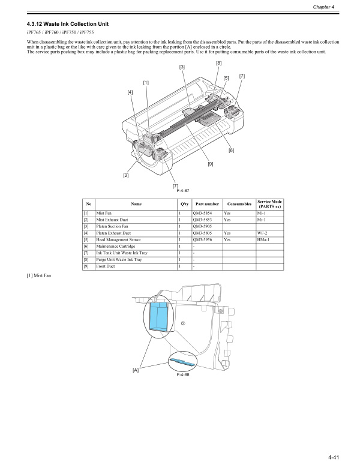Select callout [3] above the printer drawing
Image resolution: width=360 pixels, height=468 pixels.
click(x=181, y=67)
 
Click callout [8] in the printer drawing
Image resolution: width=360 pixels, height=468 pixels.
click(x=218, y=63)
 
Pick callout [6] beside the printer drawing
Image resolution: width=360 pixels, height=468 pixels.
click(x=231, y=150)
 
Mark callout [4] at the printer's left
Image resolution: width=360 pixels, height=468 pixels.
click(x=130, y=92)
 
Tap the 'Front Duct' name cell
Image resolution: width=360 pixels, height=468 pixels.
click(x=105, y=266)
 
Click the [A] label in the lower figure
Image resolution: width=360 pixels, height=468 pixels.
click(x=136, y=370)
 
